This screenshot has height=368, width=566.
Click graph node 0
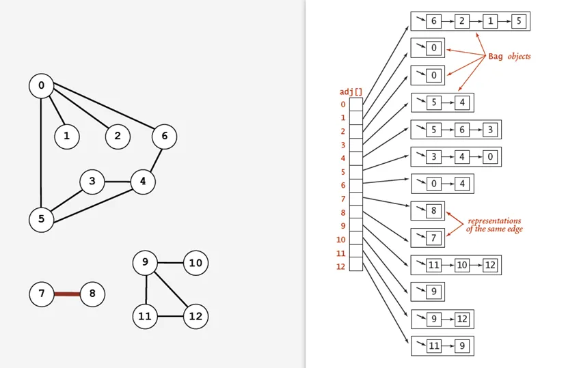click(x=42, y=86)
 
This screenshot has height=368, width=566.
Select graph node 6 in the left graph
click(x=164, y=137)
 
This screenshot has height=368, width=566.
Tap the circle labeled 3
click(x=92, y=182)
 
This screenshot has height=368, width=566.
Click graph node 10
click(x=196, y=263)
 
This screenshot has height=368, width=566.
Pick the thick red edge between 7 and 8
click(x=67, y=294)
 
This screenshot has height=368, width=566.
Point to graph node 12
click(x=196, y=317)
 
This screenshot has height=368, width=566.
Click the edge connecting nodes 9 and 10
click(x=170, y=263)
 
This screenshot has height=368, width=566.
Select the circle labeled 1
click(x=66, y=137)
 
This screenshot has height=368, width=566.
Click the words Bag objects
click(x=509, y=56)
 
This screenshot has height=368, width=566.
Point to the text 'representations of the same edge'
click(x=494, y=225)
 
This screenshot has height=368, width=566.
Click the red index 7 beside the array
click(x=343, y=199)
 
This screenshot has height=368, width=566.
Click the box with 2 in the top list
click(x=461, y=21)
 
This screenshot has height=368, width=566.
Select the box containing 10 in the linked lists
click(x=462, y=265)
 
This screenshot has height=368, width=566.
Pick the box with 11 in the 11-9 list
click(x=434, y=346)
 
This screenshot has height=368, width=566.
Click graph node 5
click(x=42, y=219)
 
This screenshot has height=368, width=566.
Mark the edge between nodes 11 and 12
click(x=170, y=317)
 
